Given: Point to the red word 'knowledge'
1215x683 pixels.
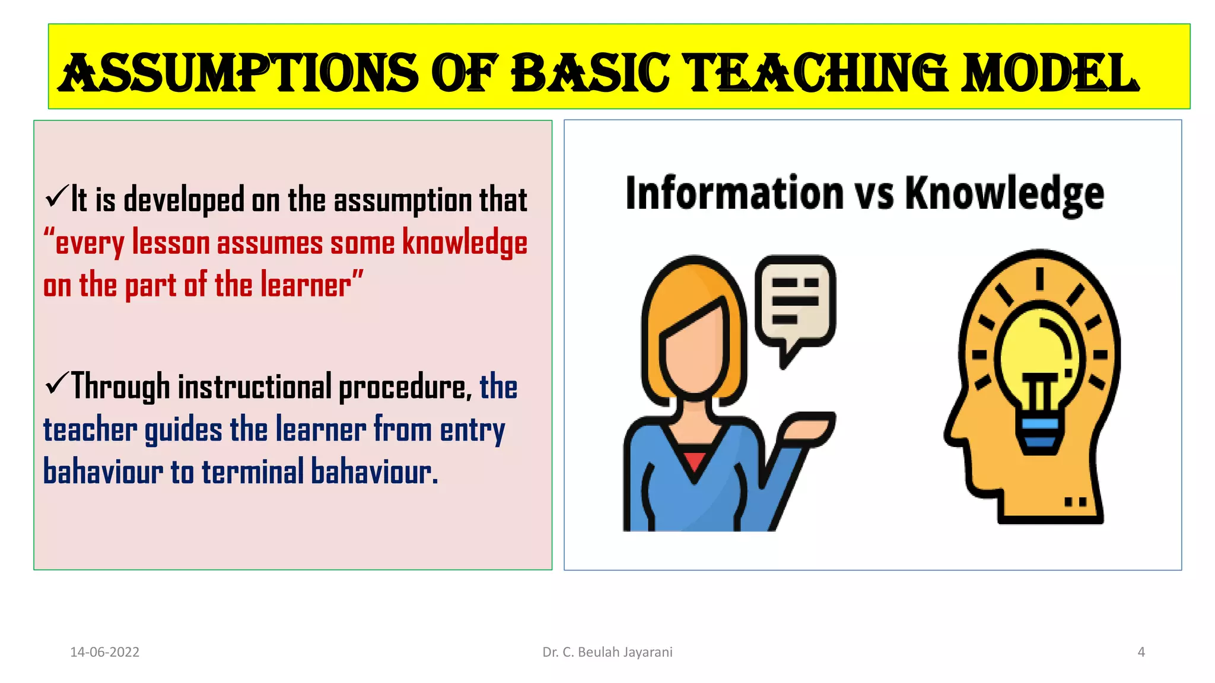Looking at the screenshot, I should point(465,243).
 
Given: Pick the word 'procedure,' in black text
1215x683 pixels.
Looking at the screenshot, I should point(405,387).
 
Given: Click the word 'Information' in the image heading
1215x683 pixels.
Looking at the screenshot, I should point(734,194).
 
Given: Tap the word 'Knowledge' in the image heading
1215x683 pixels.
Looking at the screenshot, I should point(1004,194).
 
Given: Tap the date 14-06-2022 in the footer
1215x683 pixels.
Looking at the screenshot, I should point(104,652).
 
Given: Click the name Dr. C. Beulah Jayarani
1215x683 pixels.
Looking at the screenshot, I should point(607,652).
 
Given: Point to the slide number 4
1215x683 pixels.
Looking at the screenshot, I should point(1141,652).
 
